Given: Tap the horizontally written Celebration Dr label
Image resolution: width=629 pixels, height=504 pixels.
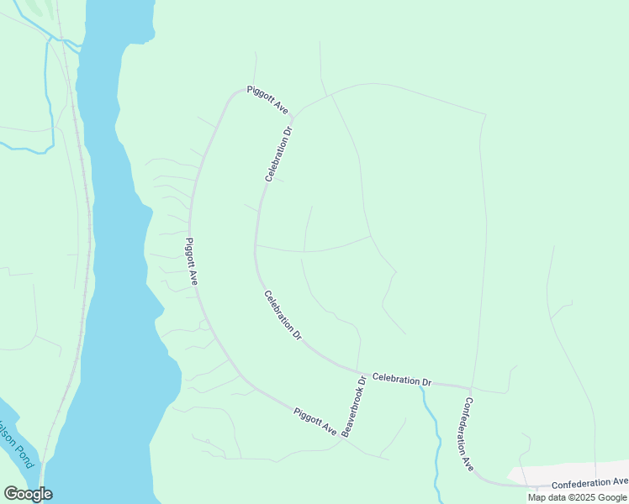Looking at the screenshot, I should (401, 381).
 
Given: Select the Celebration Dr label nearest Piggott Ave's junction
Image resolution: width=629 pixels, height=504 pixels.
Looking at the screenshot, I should (280, 154).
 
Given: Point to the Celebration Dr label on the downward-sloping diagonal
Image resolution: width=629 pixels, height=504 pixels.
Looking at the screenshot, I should (283, 315).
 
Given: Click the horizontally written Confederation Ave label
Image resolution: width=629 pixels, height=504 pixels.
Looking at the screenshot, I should (589, 483).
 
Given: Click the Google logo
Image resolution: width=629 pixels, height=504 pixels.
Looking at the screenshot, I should (28, 494).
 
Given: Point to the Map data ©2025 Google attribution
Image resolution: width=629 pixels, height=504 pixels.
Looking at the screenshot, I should (577, 497).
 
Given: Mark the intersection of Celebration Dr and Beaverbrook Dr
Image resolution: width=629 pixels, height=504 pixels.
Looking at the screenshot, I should (360, 374).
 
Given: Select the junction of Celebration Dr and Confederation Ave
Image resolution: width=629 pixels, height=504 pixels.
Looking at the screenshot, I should (469, 388).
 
